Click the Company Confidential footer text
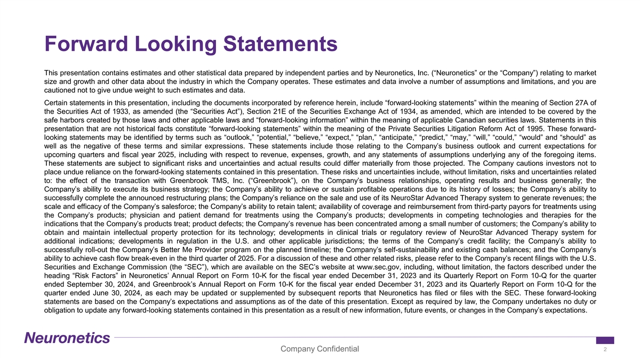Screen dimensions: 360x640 pos(319,349)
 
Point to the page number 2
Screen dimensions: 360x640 pos(606,349)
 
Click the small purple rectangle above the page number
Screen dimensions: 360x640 pos(605,340)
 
